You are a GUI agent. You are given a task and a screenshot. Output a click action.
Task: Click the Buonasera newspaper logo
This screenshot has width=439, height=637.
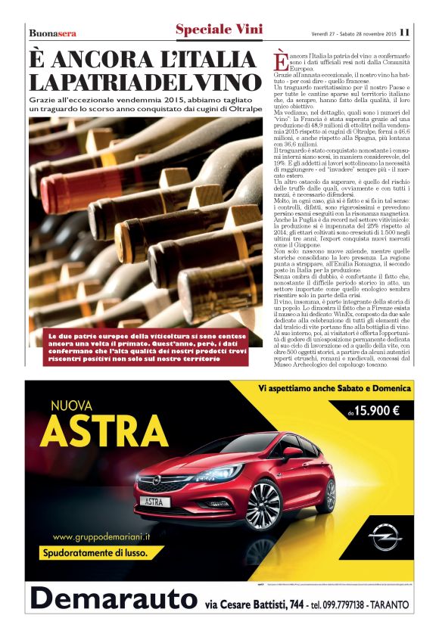pos(52,33)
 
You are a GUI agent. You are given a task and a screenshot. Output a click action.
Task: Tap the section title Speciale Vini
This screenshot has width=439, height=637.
pos(219,30)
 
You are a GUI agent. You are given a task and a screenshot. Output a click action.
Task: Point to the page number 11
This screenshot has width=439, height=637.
pos(405,32)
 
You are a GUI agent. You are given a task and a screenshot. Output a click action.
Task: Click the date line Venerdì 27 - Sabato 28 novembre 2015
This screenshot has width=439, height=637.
pos(353,33)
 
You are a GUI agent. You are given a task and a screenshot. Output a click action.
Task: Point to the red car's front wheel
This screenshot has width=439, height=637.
pos(263,502)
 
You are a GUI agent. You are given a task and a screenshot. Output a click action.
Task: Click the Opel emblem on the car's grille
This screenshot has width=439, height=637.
pos(157,480)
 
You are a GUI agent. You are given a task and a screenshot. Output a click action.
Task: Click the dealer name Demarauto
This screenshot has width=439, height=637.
pos(112,599)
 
